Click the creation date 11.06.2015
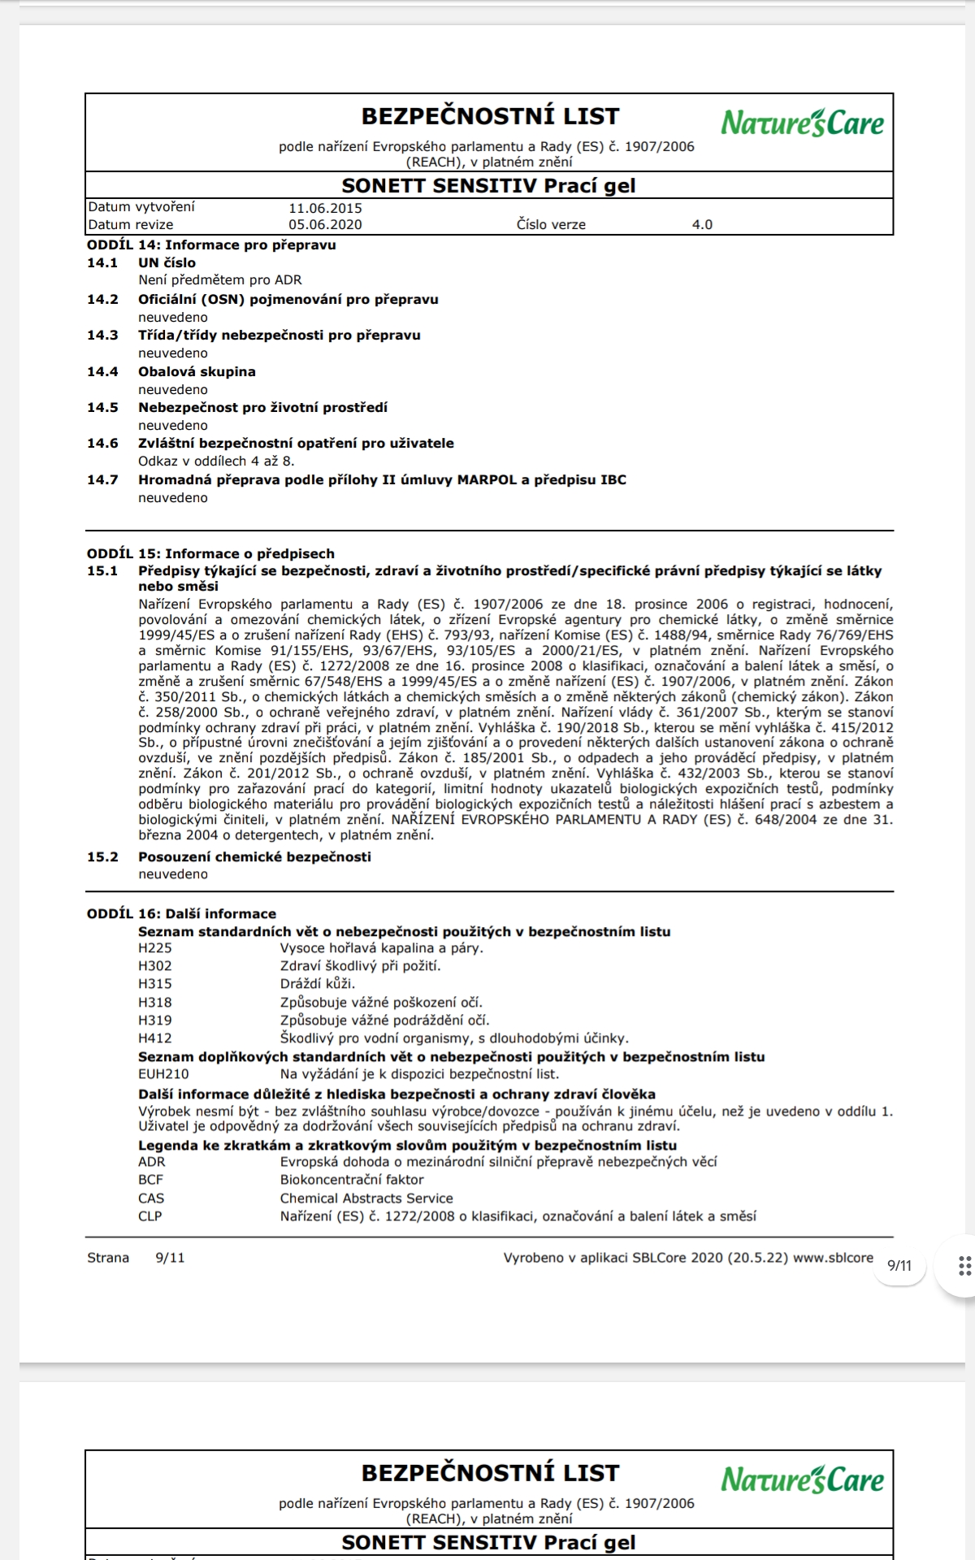point(325,208)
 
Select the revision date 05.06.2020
point(325,225)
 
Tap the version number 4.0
point(702,225)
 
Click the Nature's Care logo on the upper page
point(802,123)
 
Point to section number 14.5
point(102,408)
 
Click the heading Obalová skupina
point(197,372)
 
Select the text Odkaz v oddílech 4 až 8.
point(216,461)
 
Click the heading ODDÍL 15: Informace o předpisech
point(210,554)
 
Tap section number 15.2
point(102,857)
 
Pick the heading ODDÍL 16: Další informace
point(181,914)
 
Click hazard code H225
point(155,948)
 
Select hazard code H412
point(155,1038)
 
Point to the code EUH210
point(163,1074)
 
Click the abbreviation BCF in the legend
point(150,1180)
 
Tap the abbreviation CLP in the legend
point(150,1216)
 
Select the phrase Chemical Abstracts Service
point(366,1198)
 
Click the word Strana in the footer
point(108,1258)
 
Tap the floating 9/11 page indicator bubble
point(899,1266)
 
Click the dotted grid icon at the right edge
point(964,1266)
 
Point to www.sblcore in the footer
point(833,1258)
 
